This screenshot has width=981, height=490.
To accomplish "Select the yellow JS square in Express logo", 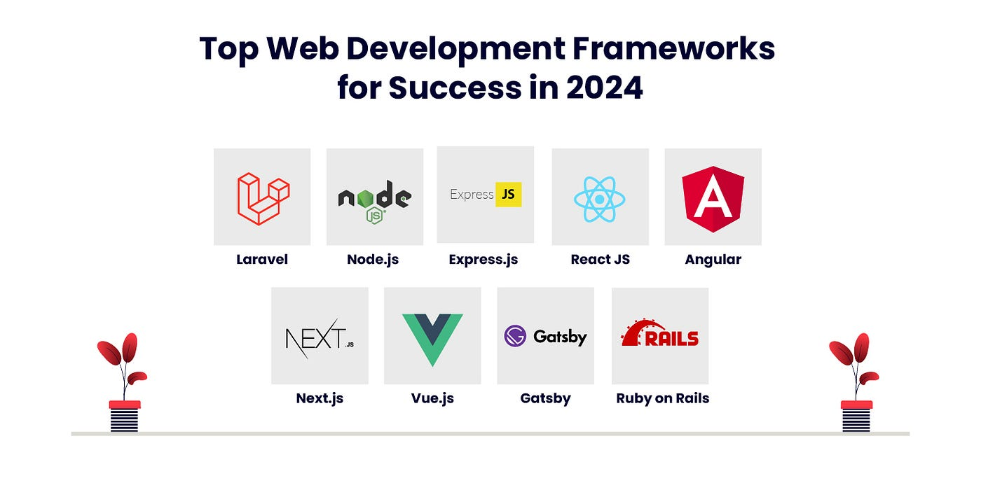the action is pos(509,195).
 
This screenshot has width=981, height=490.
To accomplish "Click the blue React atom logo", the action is pos(600,199).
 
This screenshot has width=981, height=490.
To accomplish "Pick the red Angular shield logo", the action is pos(713,199).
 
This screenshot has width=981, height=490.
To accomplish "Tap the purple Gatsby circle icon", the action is pos(515,336).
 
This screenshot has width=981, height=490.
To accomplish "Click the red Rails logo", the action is pos(659,333).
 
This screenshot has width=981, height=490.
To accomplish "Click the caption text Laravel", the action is pos(262,260).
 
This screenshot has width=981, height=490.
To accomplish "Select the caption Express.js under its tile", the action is pos(483,260).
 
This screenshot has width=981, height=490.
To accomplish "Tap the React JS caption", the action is pos(601,260).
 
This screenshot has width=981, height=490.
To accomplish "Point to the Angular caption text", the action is pos(713,260).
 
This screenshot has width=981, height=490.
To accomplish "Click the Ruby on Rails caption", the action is pos(663,398).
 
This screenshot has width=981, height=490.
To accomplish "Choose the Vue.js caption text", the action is pos(432,398).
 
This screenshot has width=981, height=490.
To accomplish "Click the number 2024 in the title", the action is pos(604,87).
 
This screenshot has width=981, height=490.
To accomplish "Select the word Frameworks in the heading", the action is pos(673,48).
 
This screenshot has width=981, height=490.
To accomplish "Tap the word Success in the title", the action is pos(455,87).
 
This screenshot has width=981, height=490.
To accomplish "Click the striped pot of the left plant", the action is pos(125,416).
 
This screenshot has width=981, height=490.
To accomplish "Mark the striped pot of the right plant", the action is pos(856,416).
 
